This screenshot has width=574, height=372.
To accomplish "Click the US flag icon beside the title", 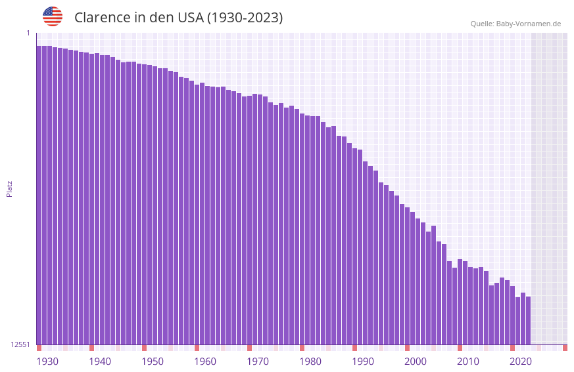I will point(53,16).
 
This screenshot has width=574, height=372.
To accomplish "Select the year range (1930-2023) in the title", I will point(245,18).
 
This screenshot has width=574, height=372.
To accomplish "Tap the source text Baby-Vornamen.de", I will point(528,24).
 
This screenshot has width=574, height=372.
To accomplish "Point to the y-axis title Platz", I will point(9,188).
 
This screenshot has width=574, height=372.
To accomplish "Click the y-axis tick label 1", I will point(28,33).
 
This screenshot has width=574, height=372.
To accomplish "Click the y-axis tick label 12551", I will point(20,344).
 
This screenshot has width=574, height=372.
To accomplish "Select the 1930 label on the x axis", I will point(47,362).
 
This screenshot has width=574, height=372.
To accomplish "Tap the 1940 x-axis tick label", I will point(100,362).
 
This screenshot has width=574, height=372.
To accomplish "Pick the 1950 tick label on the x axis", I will point(153,362).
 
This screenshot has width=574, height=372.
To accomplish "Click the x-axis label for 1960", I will point(205,362).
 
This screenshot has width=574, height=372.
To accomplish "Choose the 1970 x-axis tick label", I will point(258,362).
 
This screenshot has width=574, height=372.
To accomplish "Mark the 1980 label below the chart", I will point(310,362).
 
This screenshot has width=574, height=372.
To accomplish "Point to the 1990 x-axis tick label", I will point(363,362).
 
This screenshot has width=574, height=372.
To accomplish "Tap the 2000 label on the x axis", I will point(416,362).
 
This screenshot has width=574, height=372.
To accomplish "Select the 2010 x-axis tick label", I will point(468,362).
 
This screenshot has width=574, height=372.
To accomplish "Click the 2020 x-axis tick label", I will point(521,362).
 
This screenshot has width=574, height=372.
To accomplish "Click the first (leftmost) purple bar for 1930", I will point(39,197).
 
